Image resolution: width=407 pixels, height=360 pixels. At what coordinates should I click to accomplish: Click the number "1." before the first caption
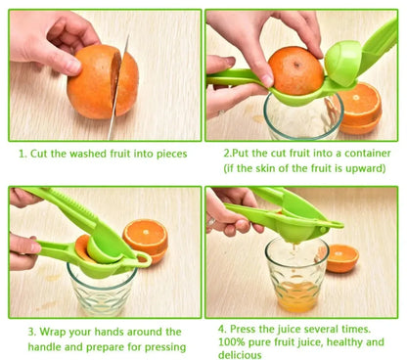(x=23, y=154)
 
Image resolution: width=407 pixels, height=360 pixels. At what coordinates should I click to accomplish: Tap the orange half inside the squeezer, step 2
(x=295, y=71)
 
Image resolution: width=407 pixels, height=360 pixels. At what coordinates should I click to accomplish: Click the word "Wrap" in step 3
(x=53, y=332)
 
